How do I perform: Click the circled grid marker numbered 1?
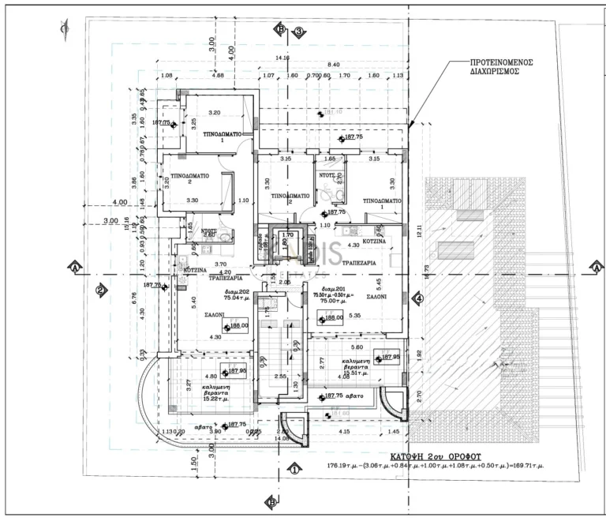click(294, 468)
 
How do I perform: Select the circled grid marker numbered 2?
click(101, 290)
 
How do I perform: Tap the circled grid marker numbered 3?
click(299, 32)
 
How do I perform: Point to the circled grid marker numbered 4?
click(418, 298)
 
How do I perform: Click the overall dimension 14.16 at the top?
click(282, 58)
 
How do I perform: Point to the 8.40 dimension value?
click(333, 64)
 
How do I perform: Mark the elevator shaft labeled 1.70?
click(288, 234)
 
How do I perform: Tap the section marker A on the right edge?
click(597, 268)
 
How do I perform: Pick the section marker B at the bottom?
click(271, 501)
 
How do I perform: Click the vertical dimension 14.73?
click(427, 268)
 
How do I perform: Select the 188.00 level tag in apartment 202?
click(239, 324)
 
